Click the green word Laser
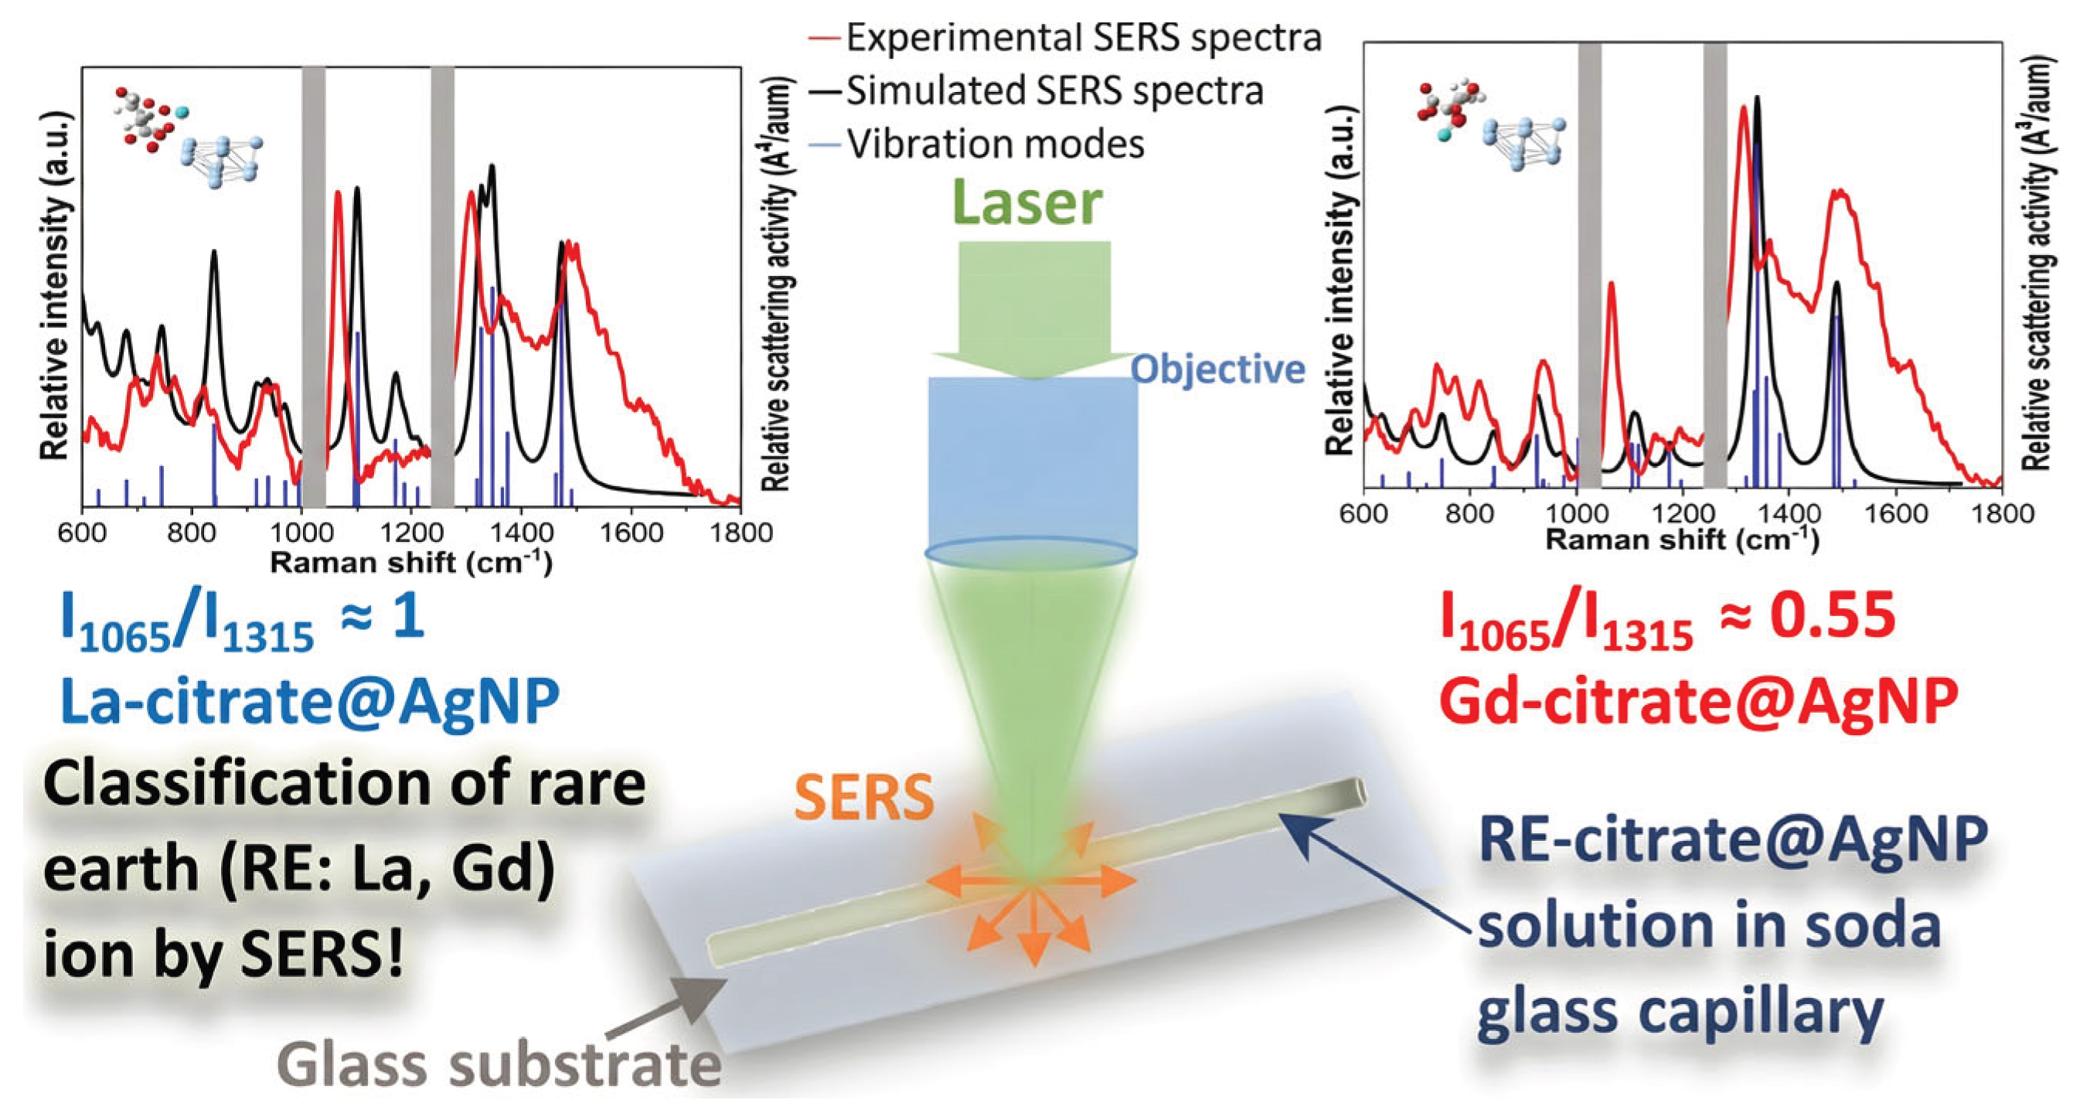pyautogui.click(x=1027, y=203)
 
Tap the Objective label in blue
pyautogui.click(x=1217, y=369)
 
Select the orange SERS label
pyautogui.click(x=864, y=798)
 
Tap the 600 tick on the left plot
pyautogui.click(x=82, y=533)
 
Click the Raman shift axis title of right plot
pyautogui.click(x=1682, y=540)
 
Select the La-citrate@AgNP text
pyautogui.click(x=309, y=701)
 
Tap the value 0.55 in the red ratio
pyautogui.click(x=1832, y=615)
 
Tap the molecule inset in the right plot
pyautogui.click(x=1489, y=125)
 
